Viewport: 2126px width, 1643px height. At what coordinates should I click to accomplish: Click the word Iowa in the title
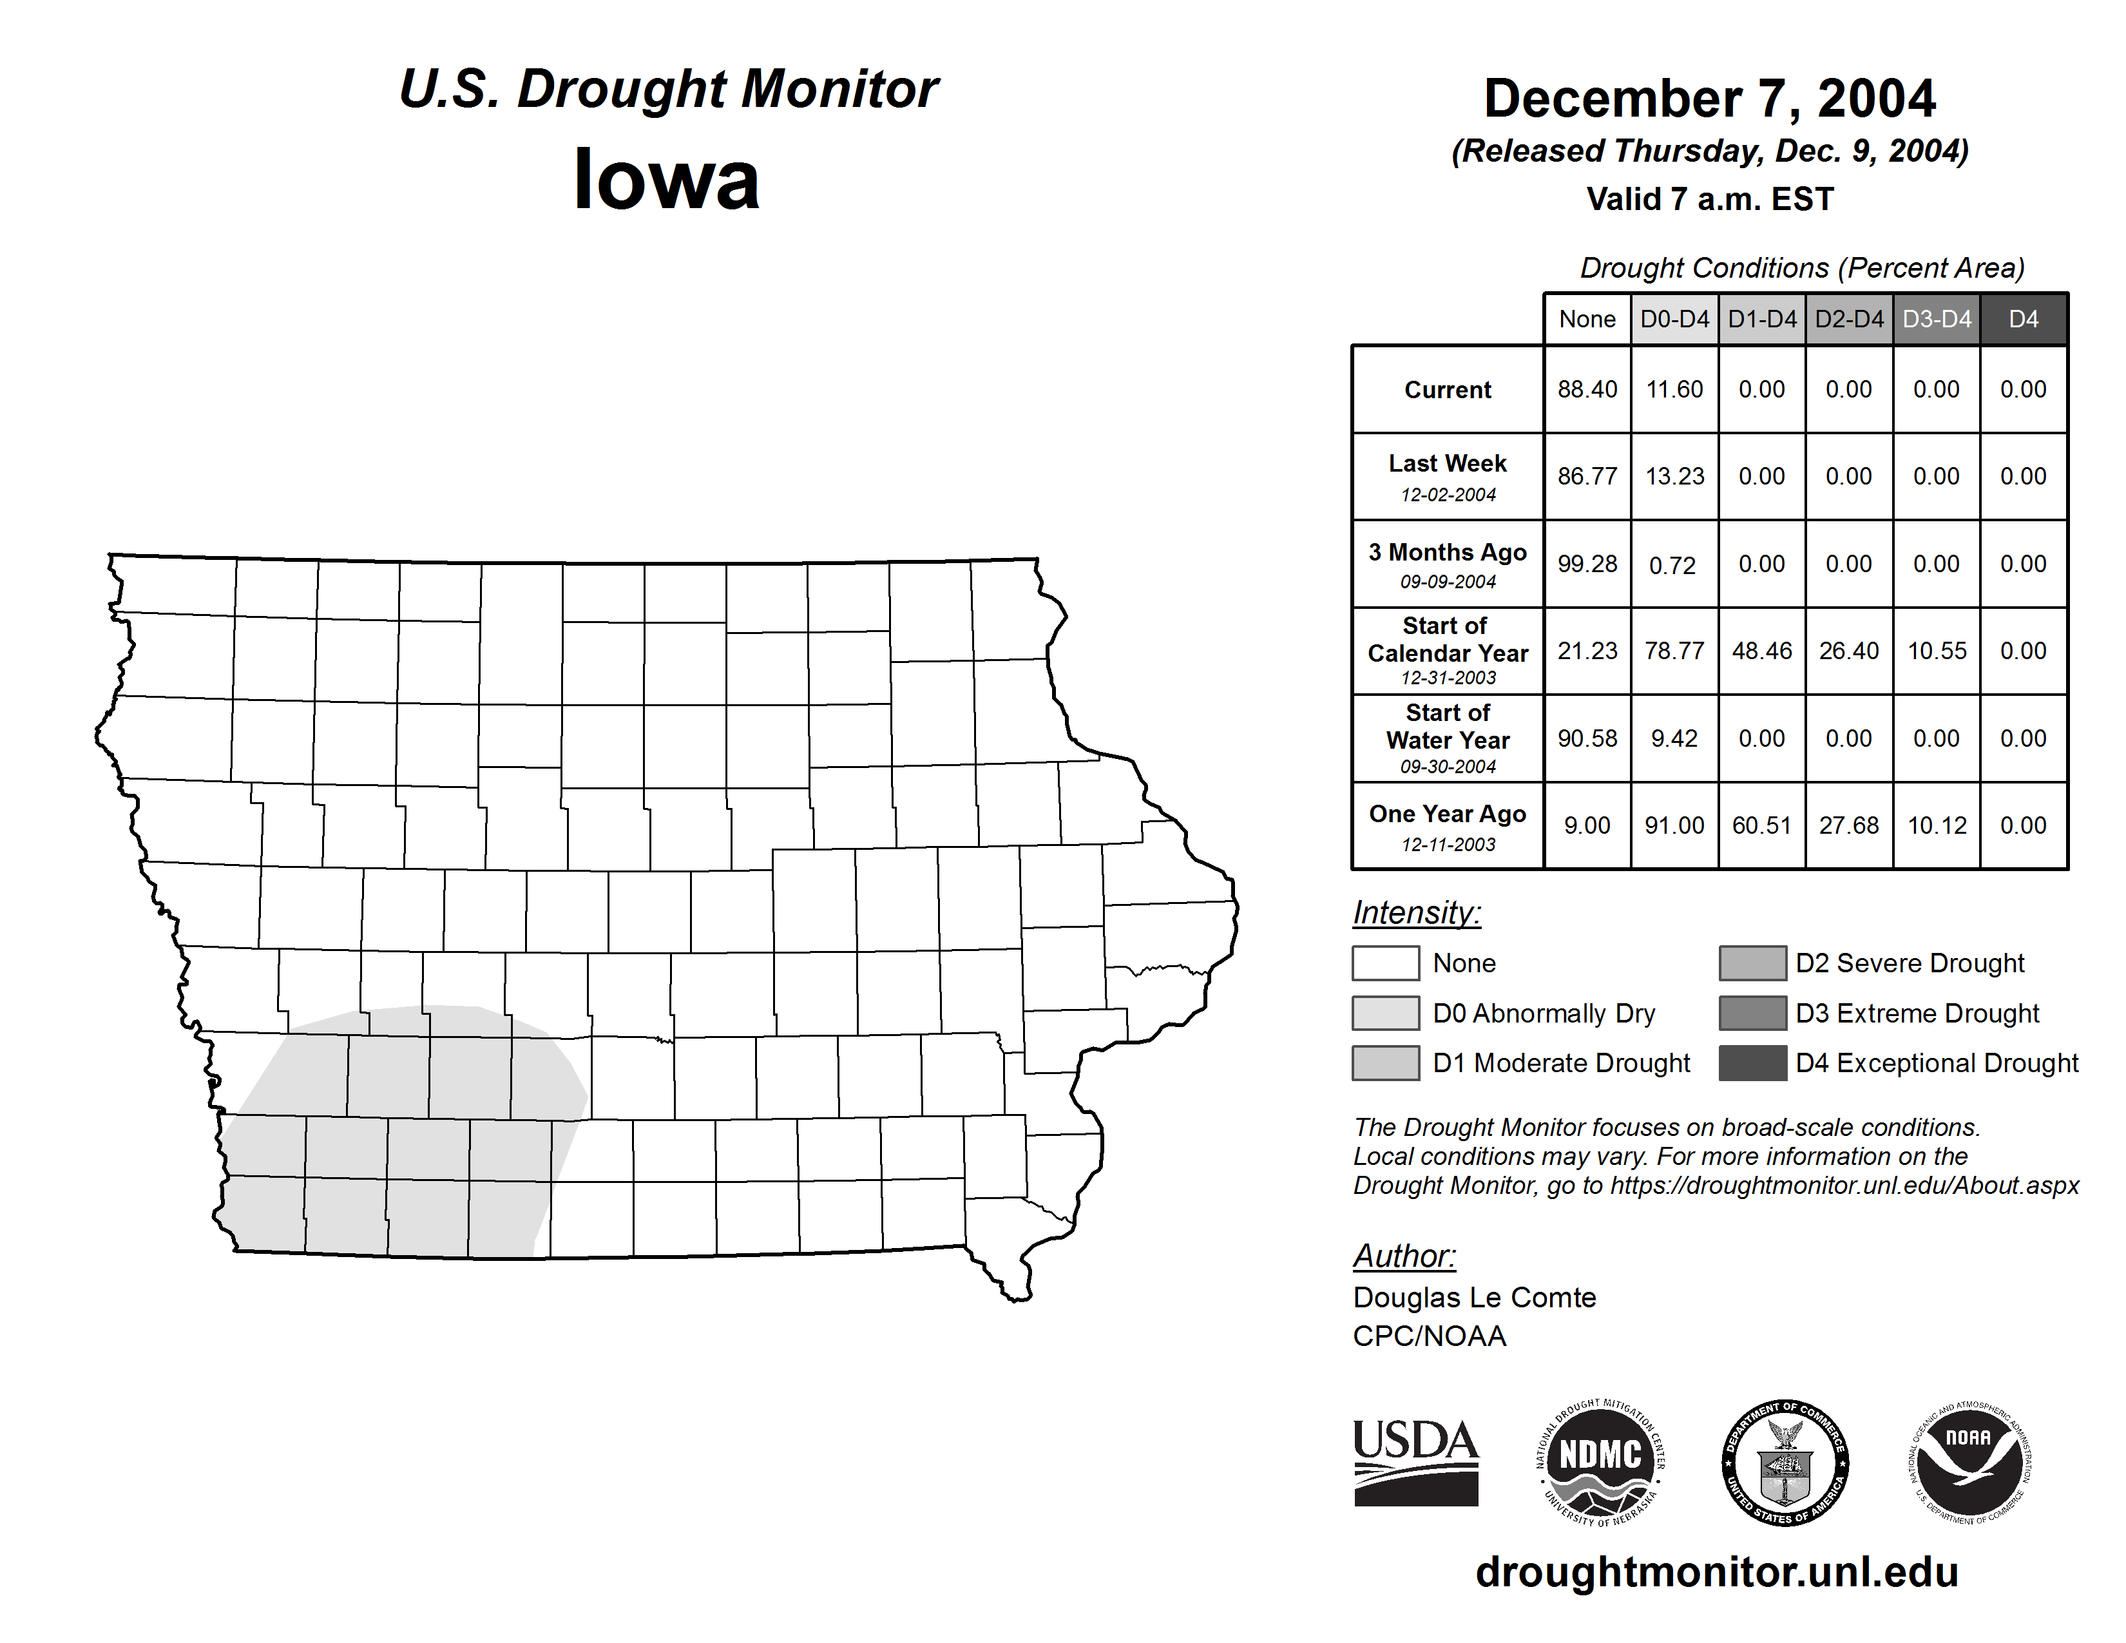tap(666, 180)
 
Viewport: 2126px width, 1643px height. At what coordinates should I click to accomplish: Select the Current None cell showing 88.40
tap(1587, 389)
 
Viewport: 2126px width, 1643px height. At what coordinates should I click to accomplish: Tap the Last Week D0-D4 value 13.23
tap(1674, 477)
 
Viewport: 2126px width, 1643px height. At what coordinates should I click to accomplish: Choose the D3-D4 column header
tap(1936, 319)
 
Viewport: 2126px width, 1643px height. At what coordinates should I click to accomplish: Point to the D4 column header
tap(2023, 319)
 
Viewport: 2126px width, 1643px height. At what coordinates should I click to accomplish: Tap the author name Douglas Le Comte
tap(1474, 1298)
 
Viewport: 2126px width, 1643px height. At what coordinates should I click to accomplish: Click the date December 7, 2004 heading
tap(1709, 99)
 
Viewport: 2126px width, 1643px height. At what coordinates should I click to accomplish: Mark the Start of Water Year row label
tap(1448, 739)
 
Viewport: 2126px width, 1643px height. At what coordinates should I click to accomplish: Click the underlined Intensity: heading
tap(1416, 913)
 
